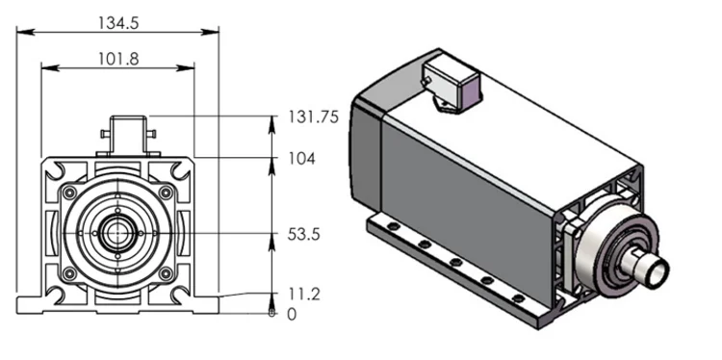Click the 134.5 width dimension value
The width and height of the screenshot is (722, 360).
[x=118, y=23]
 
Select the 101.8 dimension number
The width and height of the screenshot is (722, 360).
[x=118, y=59]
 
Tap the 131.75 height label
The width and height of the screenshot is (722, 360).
[x=314, y=116]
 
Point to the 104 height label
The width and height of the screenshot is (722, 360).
[x=302, y=159]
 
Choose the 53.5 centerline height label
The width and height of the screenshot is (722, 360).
[x=304, y=234]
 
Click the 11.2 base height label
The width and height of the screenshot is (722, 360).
[x=303, y=294]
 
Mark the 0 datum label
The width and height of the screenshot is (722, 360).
[x=292, y=315]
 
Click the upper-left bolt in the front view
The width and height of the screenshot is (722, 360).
[x=70, y=193]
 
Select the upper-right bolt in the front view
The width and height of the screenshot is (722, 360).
[x=166, y=193]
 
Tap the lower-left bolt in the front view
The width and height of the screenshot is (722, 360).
[x=70, y=274]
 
